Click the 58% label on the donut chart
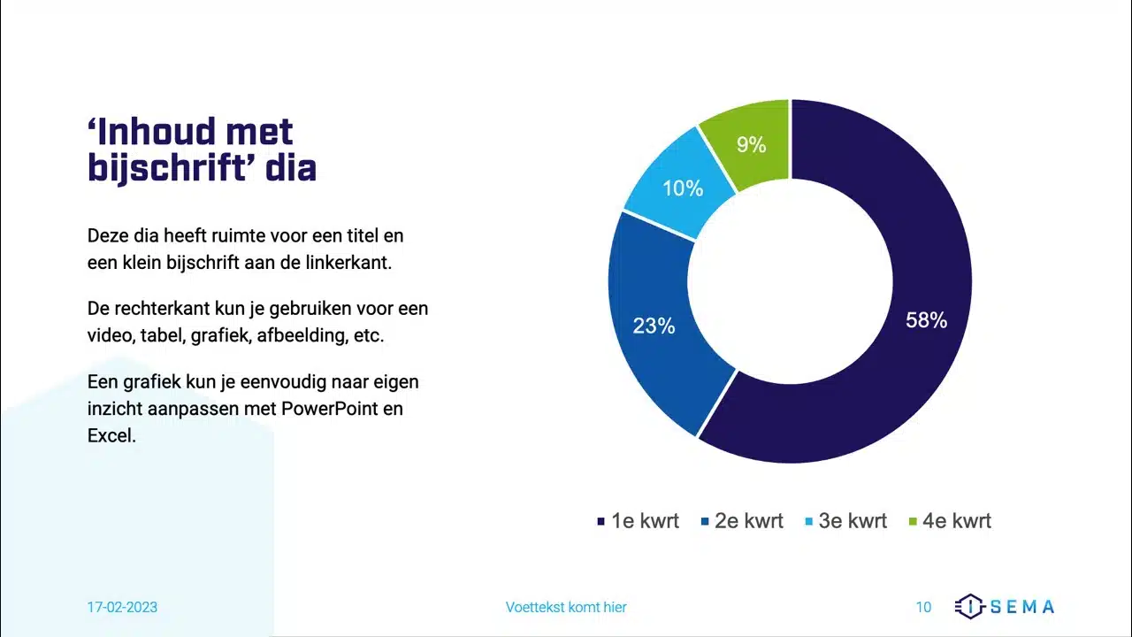click(x=926, y=320)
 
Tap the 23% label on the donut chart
click(x=654, y=326)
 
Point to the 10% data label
click(x=683, y=188)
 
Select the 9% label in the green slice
click(x=752, y=145)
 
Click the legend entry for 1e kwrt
click(x=639, y=521)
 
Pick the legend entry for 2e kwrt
click(x=742, y=521)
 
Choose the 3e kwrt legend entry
click(x=846, y=521)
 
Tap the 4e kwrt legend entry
click(x=951, y=521)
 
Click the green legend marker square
click(x=913, y=521)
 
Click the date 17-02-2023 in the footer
click(x=122, y=607)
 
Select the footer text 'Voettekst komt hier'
click(x=566, y=607)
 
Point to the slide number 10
click(x=923, y=607)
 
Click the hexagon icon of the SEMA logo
click(x=970, y=606)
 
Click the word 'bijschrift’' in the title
click(x=172, y=168)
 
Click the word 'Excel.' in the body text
click(x=111, y=435)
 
